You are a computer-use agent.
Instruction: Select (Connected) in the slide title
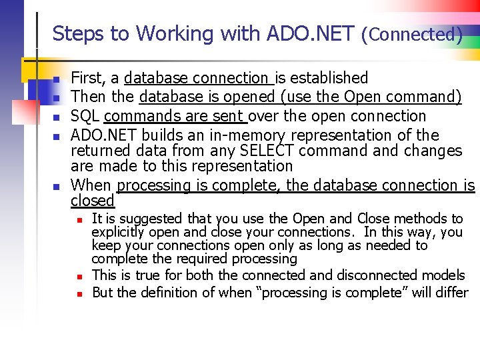pyautogui.click(x=411, y=34)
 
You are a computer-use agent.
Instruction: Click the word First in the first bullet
pyautogui.click(x=87, y=78)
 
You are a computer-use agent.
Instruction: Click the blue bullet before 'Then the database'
pyautogui.click(x=57, y=99)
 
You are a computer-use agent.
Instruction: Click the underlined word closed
pyautogui.click(x=93, y=200)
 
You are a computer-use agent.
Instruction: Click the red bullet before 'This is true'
pyautogui.click(x=79, y=276)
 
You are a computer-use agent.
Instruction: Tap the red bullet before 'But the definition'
pyautogui.click(x=79, y=293)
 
